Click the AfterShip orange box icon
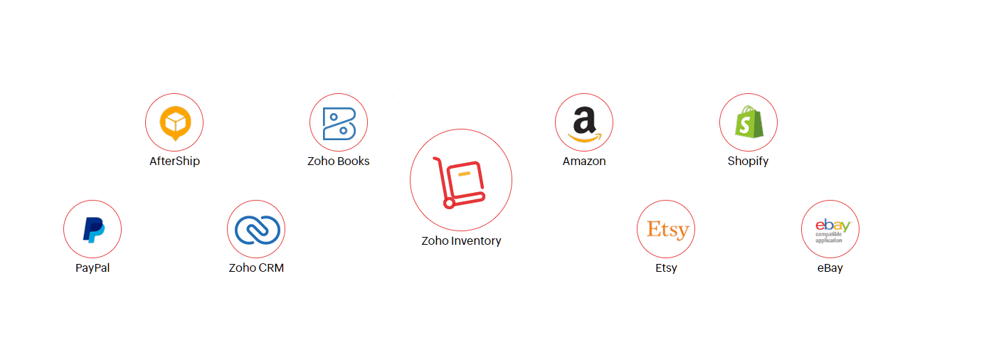point(174,122)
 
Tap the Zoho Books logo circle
point(339,122)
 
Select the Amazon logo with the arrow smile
point(584,123)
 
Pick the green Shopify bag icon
point(748,122)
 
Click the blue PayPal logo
point(92,229)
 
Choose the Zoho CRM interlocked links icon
point(256,229)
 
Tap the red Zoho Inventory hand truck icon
point(460,181)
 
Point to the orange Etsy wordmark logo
point(667,229)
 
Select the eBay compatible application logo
point(830,229)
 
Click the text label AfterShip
point(174,161)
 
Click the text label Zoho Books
point(339,161)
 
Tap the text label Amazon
point(584,161)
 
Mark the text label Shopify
point(748,161)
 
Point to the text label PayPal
point(92,268)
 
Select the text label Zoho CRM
point(256,268)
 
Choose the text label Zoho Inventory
point(461,240)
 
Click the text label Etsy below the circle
point(667,268)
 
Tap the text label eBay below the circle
point(830,268)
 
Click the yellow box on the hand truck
point(465,173)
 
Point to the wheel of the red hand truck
point(449,203)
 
